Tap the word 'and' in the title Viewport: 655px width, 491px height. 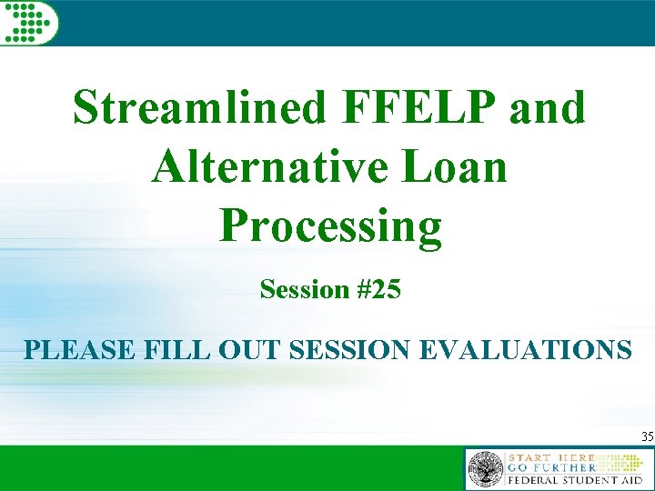[x=549, y=108]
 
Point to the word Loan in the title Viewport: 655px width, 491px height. [x=461, y=168]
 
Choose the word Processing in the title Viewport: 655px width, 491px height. [x=330, y=228]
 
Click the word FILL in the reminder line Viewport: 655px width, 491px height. [x=167, y=349]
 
